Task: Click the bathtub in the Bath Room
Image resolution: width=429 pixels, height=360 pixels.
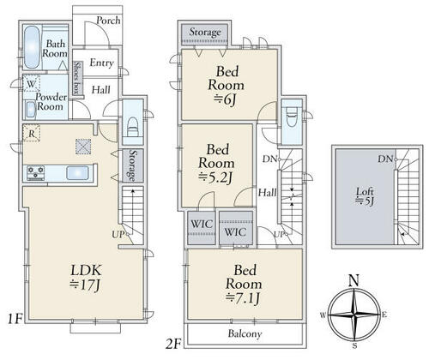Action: click(x=32, y=47)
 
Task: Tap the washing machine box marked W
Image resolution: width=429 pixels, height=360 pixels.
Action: click(x=31, y=83)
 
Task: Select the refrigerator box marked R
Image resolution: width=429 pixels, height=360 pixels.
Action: click(x=32, y=133)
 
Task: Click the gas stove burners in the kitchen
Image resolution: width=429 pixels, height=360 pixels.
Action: click(x=35, y=173)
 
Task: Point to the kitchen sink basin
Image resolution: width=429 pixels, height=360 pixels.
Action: click(x=77, y=173)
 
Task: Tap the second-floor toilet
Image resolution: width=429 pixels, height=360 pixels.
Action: click(x=292, y=116)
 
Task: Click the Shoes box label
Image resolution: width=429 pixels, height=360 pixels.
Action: click(x=76, y=78)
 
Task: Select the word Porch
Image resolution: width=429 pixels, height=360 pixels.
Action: click(x=108, y=21)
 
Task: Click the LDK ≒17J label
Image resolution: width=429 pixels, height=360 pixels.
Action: click(x=86, y=278)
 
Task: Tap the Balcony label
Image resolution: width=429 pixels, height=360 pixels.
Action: click(x=245, y=333)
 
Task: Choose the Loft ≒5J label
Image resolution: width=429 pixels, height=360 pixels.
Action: click(x=365, y=196)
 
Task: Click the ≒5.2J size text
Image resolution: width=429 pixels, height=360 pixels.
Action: click(x=215, y=178)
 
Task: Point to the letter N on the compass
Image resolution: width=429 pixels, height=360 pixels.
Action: click(x=354, y=280)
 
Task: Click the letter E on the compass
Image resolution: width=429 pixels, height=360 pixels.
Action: click(x=384, y=315)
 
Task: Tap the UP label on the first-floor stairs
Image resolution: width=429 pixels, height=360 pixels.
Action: click(x=118, y=235)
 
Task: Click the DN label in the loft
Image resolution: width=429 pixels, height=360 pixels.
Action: click(x=384, y=159)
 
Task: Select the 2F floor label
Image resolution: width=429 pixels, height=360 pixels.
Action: click(x=173, y=344)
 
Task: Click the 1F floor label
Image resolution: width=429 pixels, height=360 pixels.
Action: click(x=15, y=319)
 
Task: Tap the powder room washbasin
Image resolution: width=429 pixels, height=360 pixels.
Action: click(x=31, y=110)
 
